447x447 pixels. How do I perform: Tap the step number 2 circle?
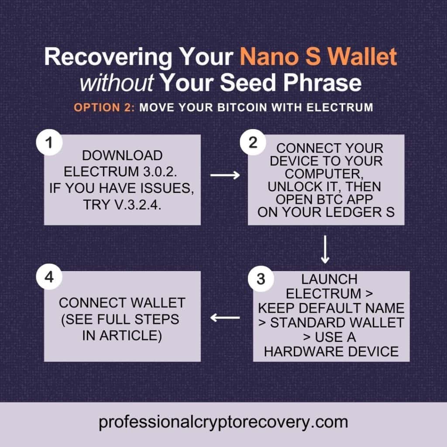pos(253,143)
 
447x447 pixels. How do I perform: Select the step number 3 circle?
pos(261,279)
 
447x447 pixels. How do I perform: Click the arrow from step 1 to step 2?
pos(225,175)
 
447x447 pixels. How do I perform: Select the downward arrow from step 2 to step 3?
pos(325,250)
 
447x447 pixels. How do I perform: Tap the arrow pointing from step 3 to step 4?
pos(225,318)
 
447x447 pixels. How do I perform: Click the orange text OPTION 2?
pos(105,107)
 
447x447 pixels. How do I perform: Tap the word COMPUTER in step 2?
pos(326,174)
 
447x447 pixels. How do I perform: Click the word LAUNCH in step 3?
pos(330,279)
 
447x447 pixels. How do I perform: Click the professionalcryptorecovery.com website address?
pos(223,422)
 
